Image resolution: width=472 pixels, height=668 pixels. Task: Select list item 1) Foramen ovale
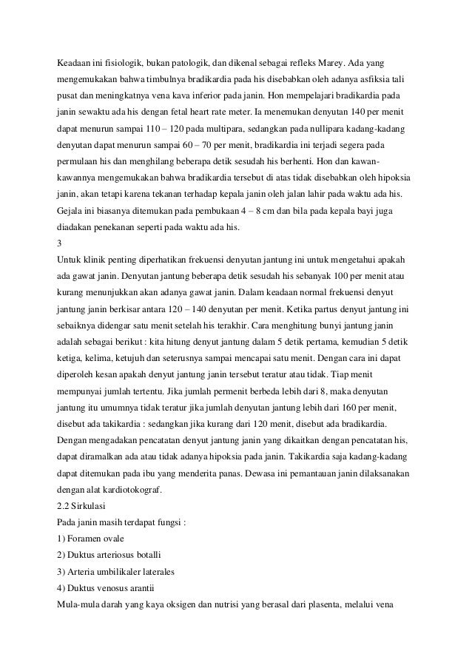pyautogui.click(x=95, y=539)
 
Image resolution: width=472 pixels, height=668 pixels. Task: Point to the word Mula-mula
pyautogui.click(x=81, y=607)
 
